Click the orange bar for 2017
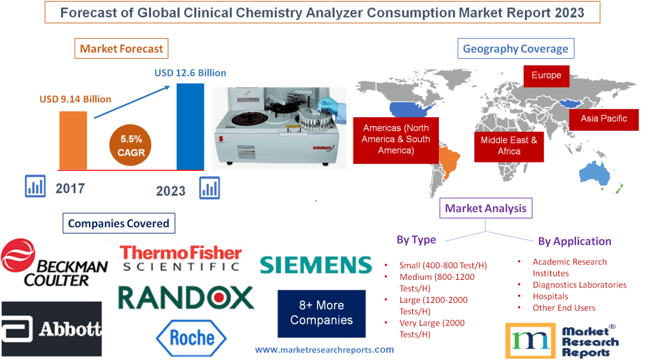72,140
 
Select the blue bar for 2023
190,126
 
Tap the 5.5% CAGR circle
131,146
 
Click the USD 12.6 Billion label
190,73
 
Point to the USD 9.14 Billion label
75,99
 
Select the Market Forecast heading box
121,48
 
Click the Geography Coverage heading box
515,48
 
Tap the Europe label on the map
546,75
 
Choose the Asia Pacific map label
604,118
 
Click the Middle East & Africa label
509,146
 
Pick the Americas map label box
396,140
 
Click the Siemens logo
316,265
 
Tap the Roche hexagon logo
191,338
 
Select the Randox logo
186,298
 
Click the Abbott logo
51,329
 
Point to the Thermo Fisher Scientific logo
181,258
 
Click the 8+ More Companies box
322,313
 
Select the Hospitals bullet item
550,296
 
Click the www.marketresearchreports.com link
325,349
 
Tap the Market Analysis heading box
486,208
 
